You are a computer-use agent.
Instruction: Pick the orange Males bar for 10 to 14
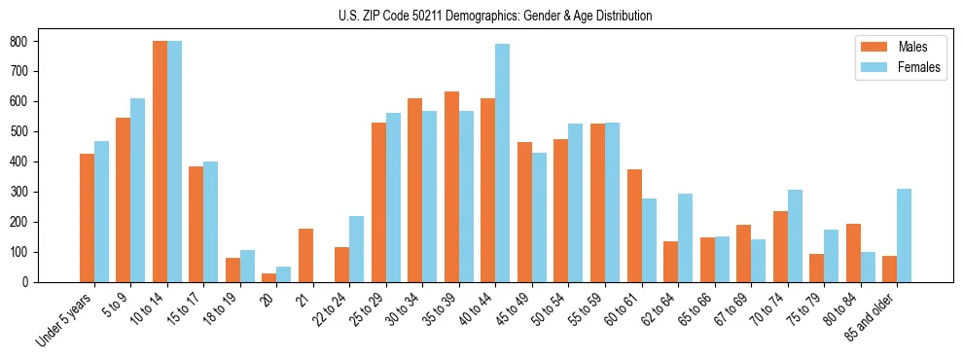point(160,162)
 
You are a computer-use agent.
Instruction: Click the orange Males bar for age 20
point(269,277)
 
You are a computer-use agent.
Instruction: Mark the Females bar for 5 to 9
point(138,190)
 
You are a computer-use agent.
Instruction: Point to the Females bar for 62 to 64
point(685,237)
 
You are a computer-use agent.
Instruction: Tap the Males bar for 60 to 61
point(634,226)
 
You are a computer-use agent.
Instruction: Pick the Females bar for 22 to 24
point(357,249)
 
